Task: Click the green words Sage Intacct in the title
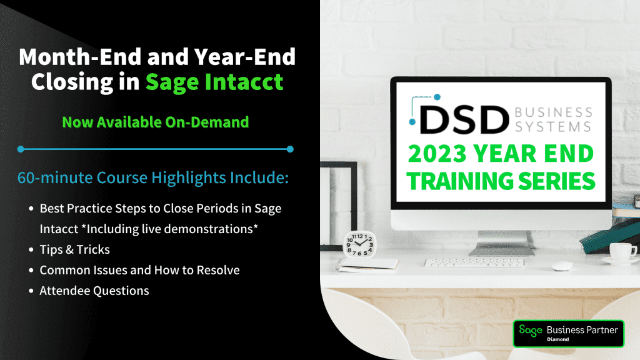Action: (214, 82)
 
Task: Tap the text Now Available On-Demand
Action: (156, 122)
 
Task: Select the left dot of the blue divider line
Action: (21, 149)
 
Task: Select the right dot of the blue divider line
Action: (290, 149)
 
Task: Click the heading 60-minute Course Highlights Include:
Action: (153, 178)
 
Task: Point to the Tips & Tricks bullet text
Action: (75, 249)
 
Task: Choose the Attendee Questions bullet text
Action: (94, 291)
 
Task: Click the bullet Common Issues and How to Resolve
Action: (139, 270)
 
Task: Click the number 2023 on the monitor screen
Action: (437, 154)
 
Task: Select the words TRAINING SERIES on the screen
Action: (501, 181)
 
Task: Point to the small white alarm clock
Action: (359, 244)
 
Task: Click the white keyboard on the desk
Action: (474, 263)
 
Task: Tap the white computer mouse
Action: (562, 266)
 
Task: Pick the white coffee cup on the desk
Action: (622, 251)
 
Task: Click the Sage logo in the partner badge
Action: (531, 330)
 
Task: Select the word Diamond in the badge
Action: (558, 339)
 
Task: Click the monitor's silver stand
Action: (501, 243)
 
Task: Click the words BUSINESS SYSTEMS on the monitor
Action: (553, 119)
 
